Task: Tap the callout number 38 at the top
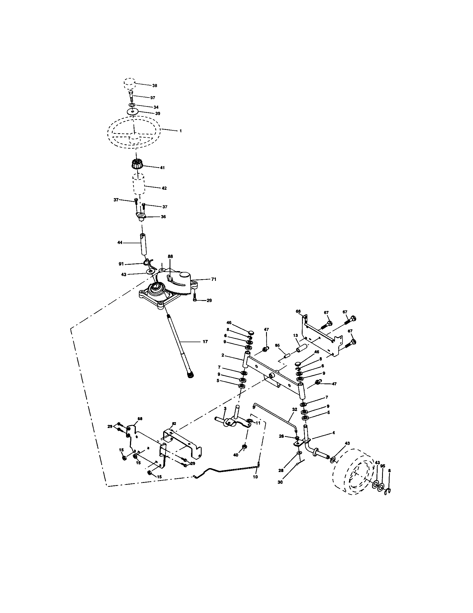coord(155,85)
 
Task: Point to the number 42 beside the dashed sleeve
coord(164,188)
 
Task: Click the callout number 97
coord(153,98)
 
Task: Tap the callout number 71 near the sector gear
coord(214,279)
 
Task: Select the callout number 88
coord(170,256)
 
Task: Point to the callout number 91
coord(121,264)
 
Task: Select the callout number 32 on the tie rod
coord(294,410)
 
